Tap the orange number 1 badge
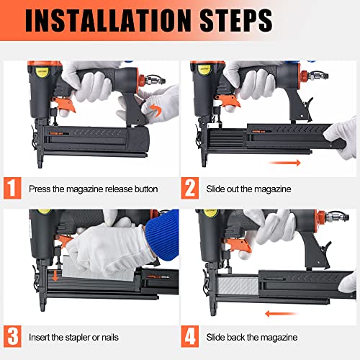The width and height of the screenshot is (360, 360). coord(12,189)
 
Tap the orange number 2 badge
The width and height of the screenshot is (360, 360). coord(190,189)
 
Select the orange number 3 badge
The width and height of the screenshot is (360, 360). coord(12,337)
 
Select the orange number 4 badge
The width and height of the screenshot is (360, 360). coord(190,337)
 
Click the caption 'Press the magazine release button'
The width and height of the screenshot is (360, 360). coord(93,190)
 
